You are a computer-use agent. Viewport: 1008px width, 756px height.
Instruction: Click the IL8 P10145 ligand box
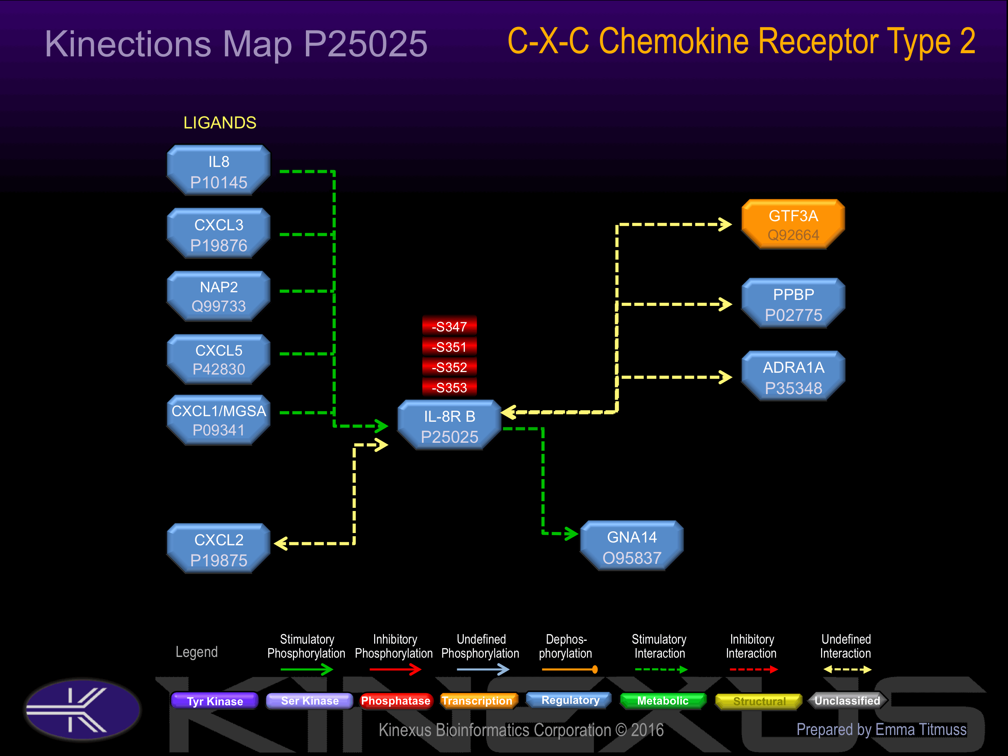[219, 170]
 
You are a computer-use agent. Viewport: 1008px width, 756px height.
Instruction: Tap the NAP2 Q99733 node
[219, 296]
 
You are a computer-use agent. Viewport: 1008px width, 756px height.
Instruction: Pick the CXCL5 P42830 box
[219, 359]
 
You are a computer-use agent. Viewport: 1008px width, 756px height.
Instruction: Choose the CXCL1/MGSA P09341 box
[219, 420]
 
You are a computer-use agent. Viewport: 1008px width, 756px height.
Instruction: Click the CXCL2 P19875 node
[219, 549]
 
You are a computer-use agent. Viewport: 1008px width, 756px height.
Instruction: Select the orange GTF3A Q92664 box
[793, 224]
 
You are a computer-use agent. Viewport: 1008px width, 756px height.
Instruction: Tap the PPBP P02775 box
[793, 303]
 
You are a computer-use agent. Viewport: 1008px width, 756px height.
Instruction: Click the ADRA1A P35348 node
[793, 376]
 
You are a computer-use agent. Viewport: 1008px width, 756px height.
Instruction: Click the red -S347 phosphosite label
[449, 326]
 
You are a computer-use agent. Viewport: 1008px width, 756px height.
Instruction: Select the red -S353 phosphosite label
[449, 387]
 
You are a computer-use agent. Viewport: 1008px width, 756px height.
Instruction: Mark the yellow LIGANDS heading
[220, 122]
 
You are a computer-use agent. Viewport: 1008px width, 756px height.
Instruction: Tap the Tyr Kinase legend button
[215, 701]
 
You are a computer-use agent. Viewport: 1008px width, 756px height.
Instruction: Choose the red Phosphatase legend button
[395, 701]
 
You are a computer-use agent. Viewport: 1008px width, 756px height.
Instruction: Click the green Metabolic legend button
[663, 701]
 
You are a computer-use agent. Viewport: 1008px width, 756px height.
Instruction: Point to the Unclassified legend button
[847, 701]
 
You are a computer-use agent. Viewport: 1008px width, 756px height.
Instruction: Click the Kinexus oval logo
[83, 709]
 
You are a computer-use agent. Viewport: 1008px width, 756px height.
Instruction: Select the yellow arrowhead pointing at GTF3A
[725, 224]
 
